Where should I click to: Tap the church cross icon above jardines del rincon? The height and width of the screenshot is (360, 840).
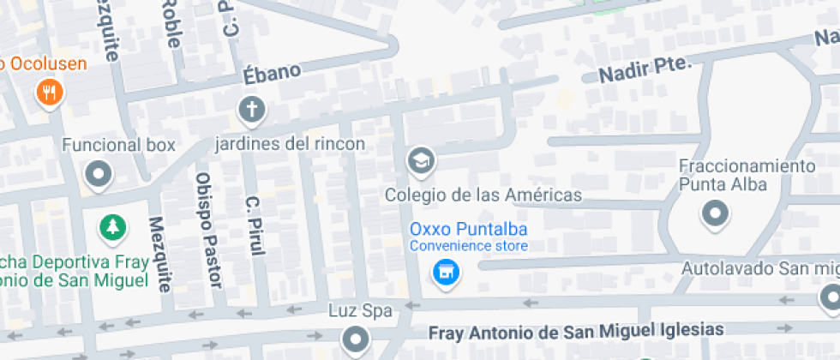[251, 109]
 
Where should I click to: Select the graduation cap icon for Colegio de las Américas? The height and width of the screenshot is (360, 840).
[421, 159]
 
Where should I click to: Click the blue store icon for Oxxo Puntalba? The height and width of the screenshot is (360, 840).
[445, 273]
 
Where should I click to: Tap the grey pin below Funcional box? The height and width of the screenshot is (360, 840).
[99, 176]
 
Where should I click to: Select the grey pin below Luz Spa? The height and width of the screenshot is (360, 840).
[354, 341]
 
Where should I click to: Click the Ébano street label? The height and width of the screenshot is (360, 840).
[273, 73]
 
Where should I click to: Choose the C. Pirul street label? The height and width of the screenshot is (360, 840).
[254, 225]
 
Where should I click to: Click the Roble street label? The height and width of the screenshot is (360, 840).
[171, 23]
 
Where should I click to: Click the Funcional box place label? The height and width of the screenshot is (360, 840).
[118, 145]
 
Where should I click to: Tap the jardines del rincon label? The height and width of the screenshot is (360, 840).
[290, 143]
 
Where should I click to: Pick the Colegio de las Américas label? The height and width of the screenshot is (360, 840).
[483, 195]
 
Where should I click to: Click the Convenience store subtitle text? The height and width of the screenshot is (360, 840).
[468, 246]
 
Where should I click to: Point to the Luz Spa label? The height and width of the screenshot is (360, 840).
[360, 309]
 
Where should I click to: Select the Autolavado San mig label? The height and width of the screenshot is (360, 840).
[759, 268]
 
